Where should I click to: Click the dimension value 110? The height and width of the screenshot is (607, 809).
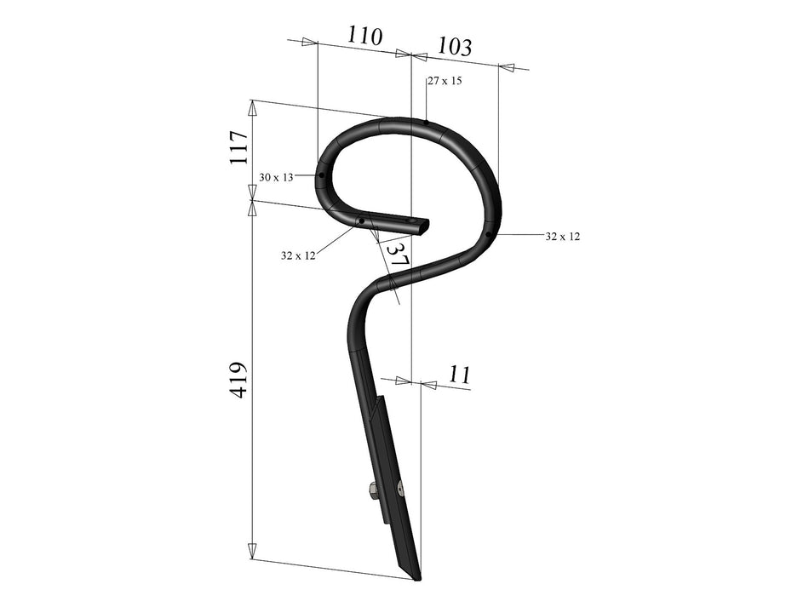pyautogui.click(x=364, y=37)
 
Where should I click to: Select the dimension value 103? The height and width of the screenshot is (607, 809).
pyautogui.click(x=454, y=47)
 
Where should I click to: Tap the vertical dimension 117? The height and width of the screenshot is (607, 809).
pyautogui.click(x=239, y=148)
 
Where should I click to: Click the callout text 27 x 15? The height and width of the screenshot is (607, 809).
pyautogui.click(x=445, y=81)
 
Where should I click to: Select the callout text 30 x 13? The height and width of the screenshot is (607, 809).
pyautogui.click(x=276, y=177)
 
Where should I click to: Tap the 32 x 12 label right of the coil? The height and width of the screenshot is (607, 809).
pyautogui.click(x=562, y=236)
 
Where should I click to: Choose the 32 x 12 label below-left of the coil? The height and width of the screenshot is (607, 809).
pyautogui.click(x=298, y=255)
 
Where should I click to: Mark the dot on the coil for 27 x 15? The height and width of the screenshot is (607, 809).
pyautogui.click(x=427, y=123)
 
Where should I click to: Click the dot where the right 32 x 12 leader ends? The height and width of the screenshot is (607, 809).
pyautogui.click(x=489, y=233)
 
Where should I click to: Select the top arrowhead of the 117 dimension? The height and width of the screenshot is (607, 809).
pyautogui.click(x=252, y=107)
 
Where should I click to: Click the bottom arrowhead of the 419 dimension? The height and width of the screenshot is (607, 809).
pyautogui.click(x=252, y=552)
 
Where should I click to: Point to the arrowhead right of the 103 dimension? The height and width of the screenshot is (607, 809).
pyautogui.click(x=507, y=66)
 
